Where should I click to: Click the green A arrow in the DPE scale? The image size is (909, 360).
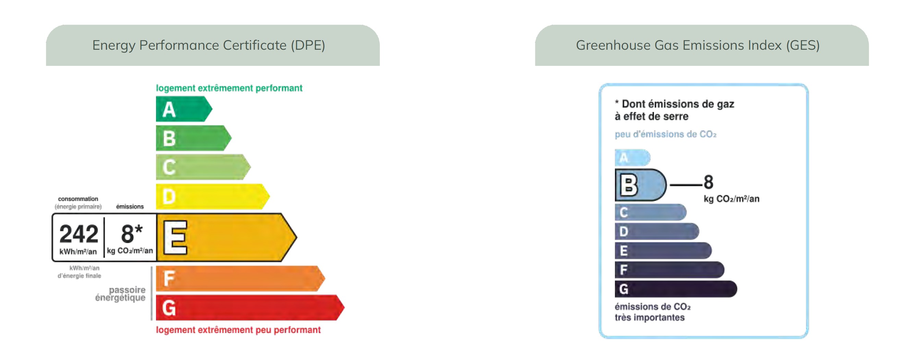(184, 109)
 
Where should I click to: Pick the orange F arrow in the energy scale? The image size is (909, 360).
(240, 278)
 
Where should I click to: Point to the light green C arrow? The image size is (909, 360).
(203, 167)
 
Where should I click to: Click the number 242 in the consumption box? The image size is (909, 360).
(79, 234)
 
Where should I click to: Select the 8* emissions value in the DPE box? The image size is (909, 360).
(132, 233)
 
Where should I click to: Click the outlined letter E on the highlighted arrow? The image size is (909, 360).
(175, 238)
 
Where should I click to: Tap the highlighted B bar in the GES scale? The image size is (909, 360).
(641, 185)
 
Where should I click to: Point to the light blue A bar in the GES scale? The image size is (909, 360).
(632, 157)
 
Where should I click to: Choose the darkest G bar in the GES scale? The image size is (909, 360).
(676, 289)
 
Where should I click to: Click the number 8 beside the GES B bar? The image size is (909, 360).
(708, 182)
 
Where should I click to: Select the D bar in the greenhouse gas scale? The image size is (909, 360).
(657, 231)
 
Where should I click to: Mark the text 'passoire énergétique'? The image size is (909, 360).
(120, 293)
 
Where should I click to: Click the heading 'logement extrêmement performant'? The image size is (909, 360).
(229, 88)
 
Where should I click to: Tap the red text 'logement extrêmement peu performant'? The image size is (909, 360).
(238, 329)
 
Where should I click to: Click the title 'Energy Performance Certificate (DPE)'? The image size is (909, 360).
(208, 45)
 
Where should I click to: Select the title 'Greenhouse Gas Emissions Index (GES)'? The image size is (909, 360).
(698, 45)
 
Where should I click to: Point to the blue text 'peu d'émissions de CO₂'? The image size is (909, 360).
(666, 134)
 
